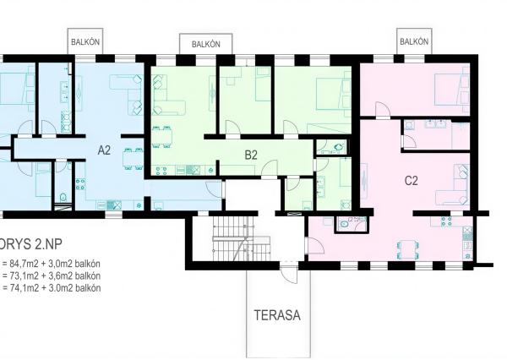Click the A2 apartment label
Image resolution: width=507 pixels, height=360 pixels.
[x=104, y=150]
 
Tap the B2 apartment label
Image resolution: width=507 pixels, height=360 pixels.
[x=250, y=155]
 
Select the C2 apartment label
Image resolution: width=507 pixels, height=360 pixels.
[x=412, y=179]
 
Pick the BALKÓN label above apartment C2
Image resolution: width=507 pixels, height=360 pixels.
[x=413, y=40]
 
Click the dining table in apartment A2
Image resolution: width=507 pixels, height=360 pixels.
[x=130, y=158]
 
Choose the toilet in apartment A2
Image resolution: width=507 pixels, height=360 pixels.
[x=64, y=199]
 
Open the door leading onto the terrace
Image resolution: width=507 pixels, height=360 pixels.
[x=288, y=272]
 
